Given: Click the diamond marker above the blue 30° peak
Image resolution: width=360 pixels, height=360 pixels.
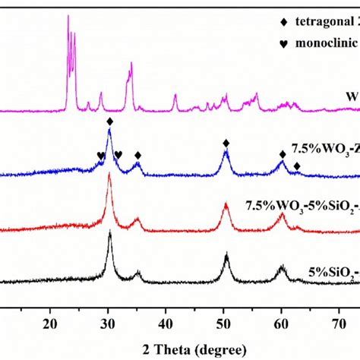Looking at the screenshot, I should [x=110, y=122].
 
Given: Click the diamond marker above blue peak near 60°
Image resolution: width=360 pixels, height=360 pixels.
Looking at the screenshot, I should [x=283, y=154].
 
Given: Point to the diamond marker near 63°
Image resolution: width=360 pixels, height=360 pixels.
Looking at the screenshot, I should [x=297, y=166].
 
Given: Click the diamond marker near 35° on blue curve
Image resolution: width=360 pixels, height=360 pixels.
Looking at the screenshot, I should [x=137, y=155].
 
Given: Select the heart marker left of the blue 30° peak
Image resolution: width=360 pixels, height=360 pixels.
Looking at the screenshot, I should [x=100, y=155].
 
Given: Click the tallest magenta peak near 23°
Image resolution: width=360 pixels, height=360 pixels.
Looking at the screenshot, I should [x=68, y=17].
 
